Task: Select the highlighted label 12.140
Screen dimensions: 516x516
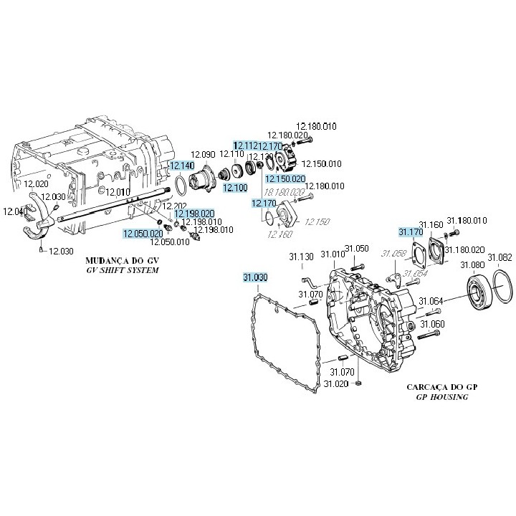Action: click(x=181, y=166)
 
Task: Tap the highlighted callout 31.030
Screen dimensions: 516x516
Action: click(x=254, y=277)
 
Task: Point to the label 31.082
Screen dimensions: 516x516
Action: click(x=500, y=257)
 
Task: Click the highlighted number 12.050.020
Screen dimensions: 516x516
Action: click(x=143, y=234)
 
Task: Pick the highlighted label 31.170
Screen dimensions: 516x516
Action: click(x=411, y=231)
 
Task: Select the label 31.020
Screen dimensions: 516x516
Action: click(x=335, y=384)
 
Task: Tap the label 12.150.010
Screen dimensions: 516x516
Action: click(x=322, y=163)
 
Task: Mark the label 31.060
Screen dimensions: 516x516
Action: click(x=432, y=324)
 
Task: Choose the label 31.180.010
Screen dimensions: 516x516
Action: click(x=467, y=220)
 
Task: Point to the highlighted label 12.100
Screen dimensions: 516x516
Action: click(x=235, y=188)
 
